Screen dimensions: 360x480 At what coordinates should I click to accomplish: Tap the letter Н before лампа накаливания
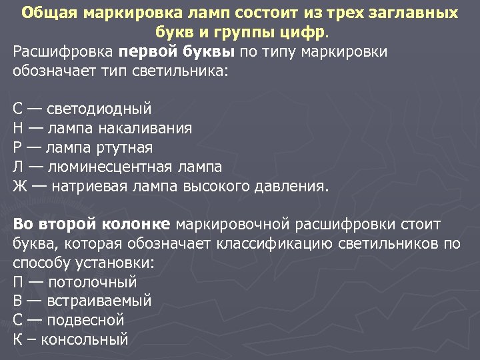[18, 127]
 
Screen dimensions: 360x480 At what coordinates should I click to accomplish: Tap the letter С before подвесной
[18, 320]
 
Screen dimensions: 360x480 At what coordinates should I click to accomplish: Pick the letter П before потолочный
[18, 281]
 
